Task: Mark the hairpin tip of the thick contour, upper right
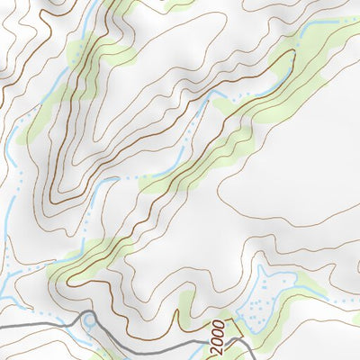292,54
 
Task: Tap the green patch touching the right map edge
346,270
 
